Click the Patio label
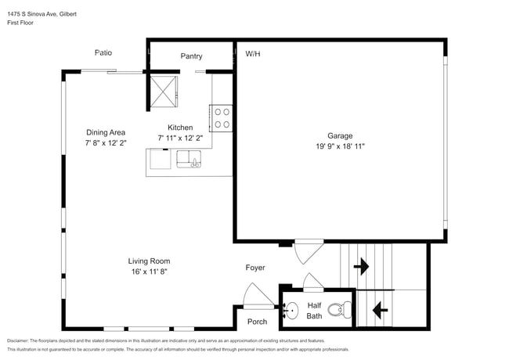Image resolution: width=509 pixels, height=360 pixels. click(103, 53)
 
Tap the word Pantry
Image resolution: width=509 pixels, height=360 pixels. click(191, 56)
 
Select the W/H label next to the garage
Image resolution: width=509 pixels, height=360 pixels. click(253, 54)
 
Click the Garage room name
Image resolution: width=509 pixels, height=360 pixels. click(340, 135)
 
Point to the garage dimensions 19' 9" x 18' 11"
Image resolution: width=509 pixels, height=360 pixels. click(340, 146)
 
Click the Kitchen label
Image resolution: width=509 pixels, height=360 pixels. click(180, 128)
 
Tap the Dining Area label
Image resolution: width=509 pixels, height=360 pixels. click(106, 132)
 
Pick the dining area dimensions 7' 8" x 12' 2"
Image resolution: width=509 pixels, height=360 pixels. click(106, 142)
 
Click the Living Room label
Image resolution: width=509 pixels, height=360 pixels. click(149, 261)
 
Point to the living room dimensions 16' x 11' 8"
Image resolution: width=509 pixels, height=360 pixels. click(149, 271)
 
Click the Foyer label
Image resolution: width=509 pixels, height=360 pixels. click(255, 268)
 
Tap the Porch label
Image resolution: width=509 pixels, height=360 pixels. click(257, 322)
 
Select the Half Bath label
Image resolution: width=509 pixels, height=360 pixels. click(314, 311)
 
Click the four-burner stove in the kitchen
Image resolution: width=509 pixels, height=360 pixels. click(222, 118)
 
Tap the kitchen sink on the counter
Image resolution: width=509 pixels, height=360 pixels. click(190, 161)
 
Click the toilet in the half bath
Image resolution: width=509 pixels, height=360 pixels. click(337, 310)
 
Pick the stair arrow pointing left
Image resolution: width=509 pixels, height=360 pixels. click(380, 310)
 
